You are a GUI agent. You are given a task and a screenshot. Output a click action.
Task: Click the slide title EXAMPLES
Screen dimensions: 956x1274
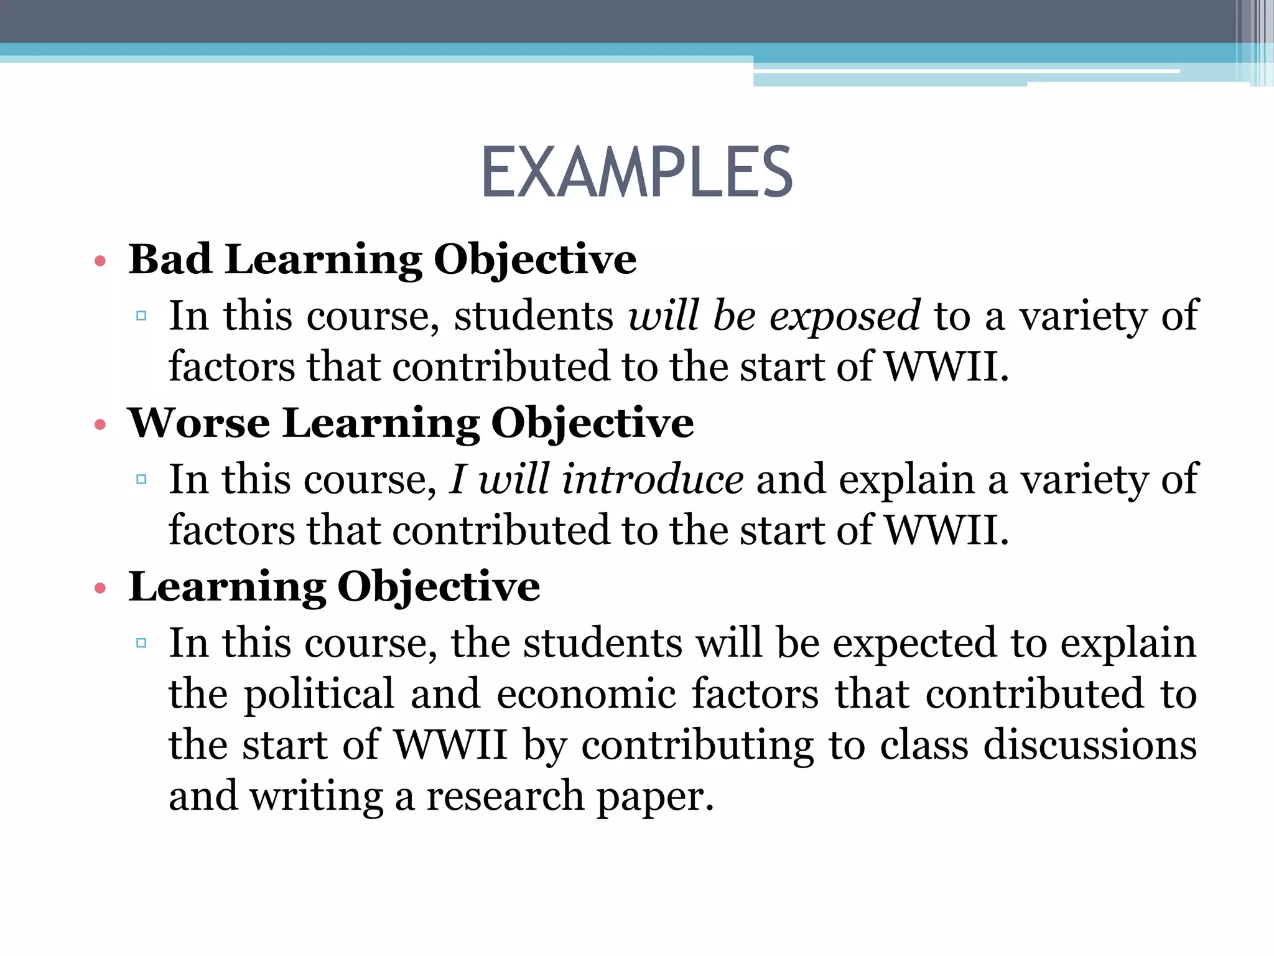(x=637, y=172)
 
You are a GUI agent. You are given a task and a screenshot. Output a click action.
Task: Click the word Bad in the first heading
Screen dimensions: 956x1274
(x=169, y=259)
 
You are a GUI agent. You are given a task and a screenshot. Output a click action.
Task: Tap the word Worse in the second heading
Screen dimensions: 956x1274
(x=198, y=423)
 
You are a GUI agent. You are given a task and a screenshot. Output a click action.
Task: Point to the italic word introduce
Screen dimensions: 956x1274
(x=652, y=480)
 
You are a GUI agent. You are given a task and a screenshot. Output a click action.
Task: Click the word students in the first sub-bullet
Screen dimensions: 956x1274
(x=534, y=316)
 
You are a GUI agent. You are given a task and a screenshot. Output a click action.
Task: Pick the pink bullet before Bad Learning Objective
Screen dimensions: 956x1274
(x=100, y=261)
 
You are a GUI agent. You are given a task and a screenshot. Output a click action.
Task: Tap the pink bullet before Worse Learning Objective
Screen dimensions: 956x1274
(x=100, y=425)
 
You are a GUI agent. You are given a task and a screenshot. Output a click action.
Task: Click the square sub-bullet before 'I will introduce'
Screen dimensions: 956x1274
(x=141, y=479)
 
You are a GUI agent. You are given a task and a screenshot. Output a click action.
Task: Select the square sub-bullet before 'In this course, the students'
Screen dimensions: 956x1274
(x=141, y=643)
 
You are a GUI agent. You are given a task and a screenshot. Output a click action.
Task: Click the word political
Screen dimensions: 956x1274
(x=318, y=695)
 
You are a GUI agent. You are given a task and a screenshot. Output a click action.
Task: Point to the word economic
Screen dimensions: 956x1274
(x=586, y=695)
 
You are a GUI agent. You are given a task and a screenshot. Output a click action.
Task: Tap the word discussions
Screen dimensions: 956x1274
(x=1090, y=745)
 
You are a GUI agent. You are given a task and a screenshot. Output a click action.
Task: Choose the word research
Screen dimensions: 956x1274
(x=504, y=797)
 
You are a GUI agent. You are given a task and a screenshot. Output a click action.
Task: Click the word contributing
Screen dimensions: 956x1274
(x=697, y=746)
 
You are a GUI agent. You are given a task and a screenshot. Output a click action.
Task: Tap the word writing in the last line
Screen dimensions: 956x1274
(x=316, y=797)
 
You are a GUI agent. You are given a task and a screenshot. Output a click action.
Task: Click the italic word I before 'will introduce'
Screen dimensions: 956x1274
(x=457, y=480)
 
